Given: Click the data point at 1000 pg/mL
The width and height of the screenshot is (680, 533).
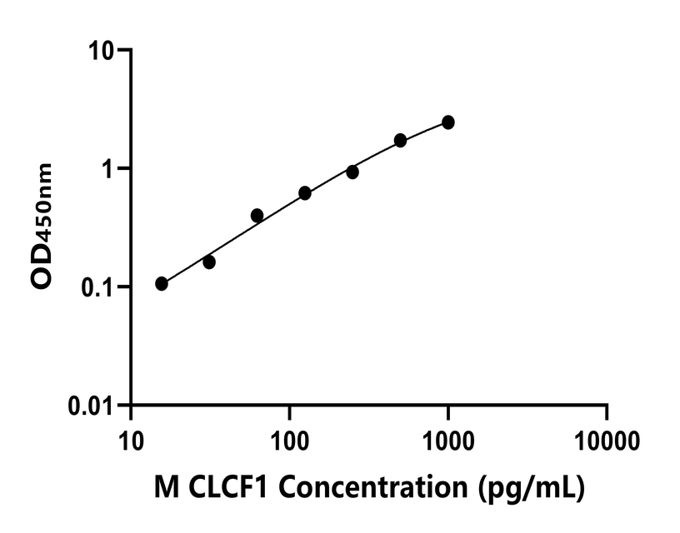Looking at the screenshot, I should point(448,122).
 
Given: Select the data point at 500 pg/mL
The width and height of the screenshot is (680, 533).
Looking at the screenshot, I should point(401,140).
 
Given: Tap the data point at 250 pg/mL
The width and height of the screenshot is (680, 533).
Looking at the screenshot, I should point(352,172).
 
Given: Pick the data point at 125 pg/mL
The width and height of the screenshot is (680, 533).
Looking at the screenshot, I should point(305,193).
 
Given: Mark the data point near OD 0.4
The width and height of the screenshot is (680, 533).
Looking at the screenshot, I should point(257,216).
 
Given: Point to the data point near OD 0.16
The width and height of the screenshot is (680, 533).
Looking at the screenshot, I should point(209,262).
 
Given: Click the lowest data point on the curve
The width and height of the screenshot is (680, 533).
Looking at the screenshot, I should point(162,284).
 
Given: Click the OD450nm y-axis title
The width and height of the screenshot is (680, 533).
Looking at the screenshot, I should point(42,227).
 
